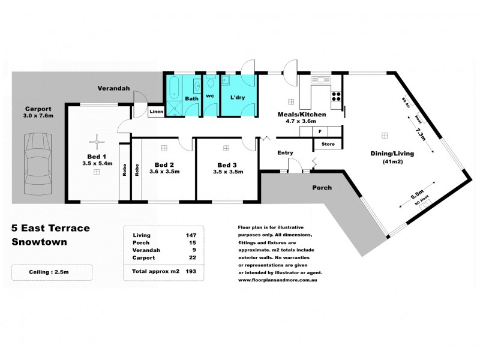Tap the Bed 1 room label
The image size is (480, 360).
[96, 155]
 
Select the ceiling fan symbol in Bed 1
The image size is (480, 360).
[95, 142]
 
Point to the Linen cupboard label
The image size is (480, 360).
[156, 112]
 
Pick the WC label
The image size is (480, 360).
[210, 96]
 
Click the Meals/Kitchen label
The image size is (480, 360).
[302, 114]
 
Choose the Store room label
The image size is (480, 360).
[328, 145]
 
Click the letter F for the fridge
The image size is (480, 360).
[320, 131]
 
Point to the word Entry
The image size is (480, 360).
[285, 153]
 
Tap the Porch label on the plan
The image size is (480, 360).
[322, 188]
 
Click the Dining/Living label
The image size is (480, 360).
[392, 154]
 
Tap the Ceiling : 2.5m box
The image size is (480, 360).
[52, 272]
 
